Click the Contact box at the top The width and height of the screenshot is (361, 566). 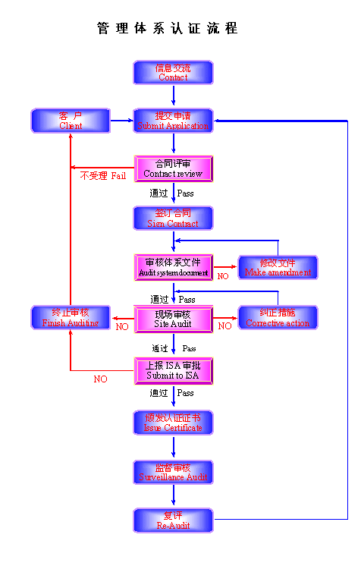tap(174, 73)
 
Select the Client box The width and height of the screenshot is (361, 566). tap(71, 121)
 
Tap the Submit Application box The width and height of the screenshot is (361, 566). tap(174, 121)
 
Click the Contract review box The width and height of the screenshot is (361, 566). tap(174, 168)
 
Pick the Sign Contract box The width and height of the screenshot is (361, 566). tap(174, 219)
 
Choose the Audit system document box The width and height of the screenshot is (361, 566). tap(174, 267)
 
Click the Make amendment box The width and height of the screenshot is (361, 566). tap(278, 267)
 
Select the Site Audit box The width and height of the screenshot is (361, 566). tap(174, 319)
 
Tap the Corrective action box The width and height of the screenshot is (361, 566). tap(278, 318)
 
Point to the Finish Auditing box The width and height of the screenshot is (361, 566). tap(71, 318)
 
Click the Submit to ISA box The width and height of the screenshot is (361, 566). tap(174, 370)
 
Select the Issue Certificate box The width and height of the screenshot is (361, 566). tap(174, 423)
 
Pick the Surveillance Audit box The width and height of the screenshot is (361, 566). tap(174, 473)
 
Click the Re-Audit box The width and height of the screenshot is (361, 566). tap(174, 520)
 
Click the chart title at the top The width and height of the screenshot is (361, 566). tap(168, 29)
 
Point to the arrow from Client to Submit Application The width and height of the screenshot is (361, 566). tap(121, 121)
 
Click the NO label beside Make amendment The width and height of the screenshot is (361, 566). tap(223, 276)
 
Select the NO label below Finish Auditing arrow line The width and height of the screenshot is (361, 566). tap(100, 379)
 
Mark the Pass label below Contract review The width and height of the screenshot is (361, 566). tap(186, 193)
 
